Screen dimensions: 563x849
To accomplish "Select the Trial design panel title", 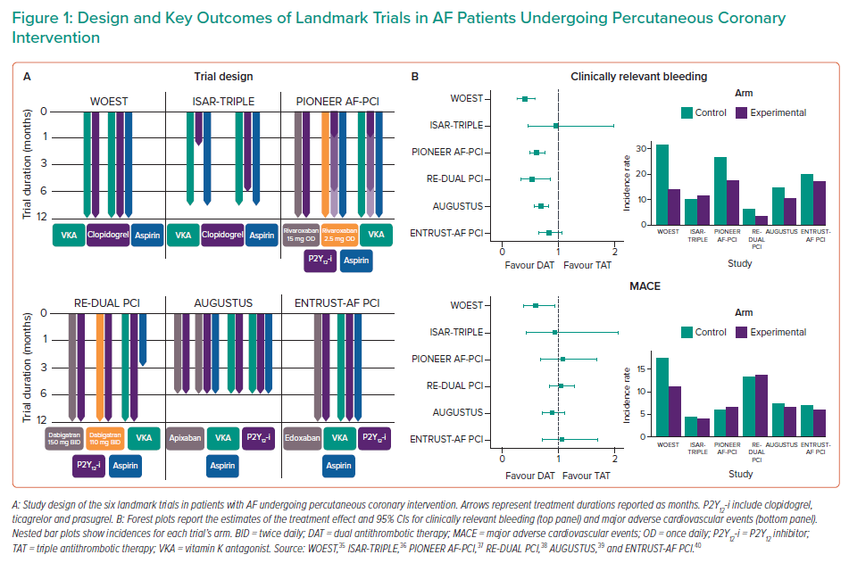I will [x=223, y=77].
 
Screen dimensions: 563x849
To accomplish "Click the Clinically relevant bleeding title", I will [x=638, y=77].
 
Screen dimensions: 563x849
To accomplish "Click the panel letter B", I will [x=415, y=77].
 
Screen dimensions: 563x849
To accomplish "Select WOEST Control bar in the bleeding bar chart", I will [x=662, y=184].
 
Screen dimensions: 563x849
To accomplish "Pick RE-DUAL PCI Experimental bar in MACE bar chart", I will [x=762, y=406].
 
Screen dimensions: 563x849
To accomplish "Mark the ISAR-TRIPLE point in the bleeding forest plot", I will [x=556, y=126].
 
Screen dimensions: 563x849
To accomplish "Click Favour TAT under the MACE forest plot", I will [x=587, y=476].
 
